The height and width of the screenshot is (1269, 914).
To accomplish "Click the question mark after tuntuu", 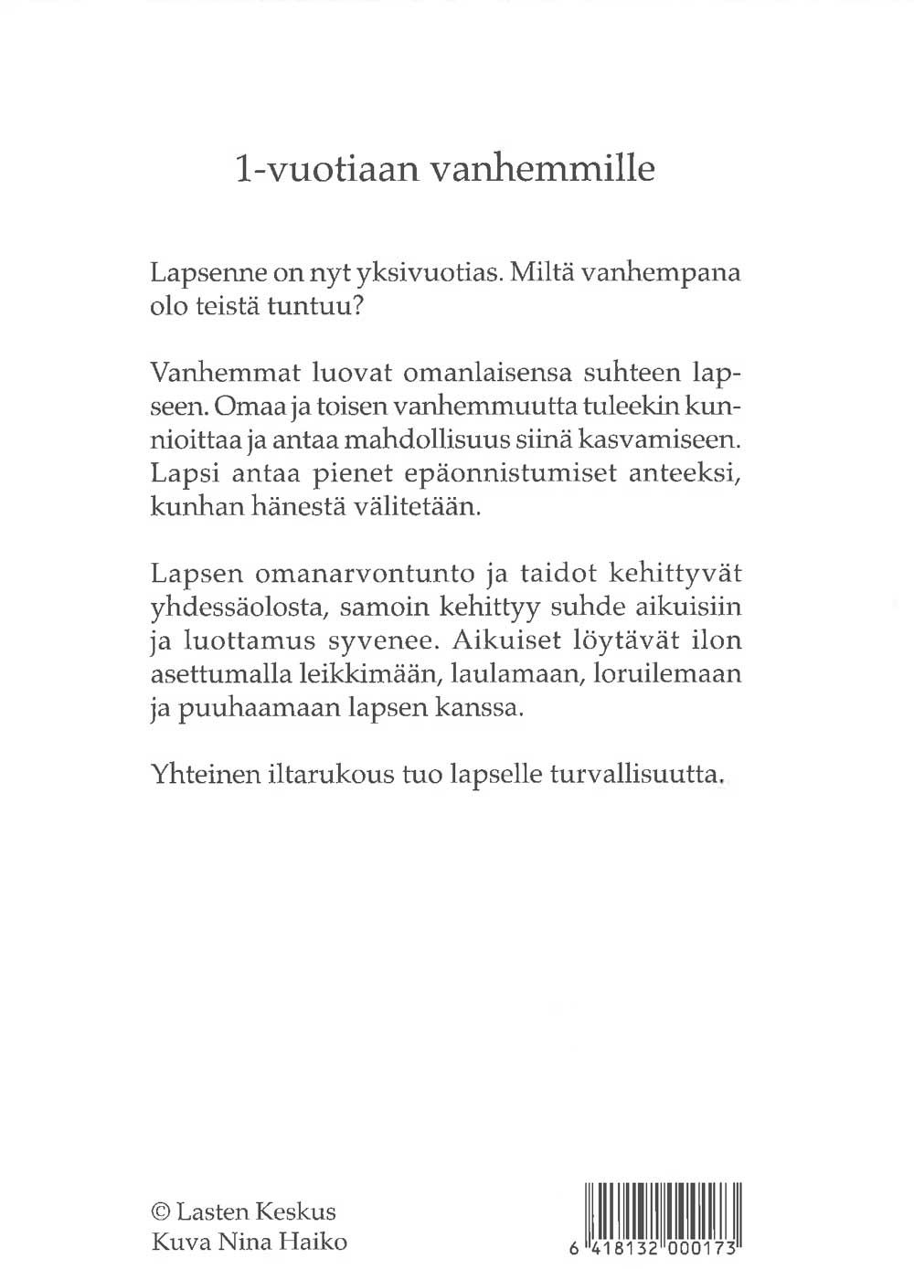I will tap(358, 307).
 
